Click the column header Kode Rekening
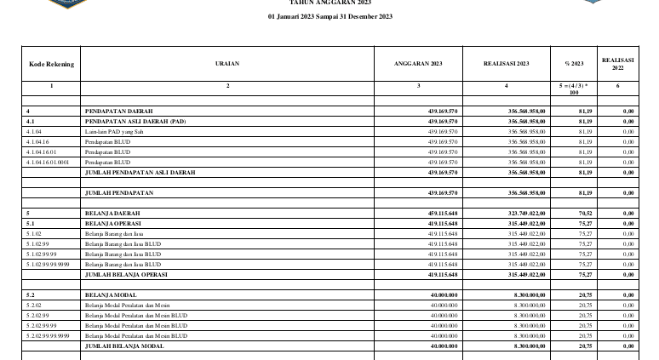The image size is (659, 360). pos(51,64)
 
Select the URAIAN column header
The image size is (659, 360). pos(227,64)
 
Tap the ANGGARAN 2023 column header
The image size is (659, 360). pos(419,64)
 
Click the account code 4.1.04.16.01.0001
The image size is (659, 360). pos(48,162)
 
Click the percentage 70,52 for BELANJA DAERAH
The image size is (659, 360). pos(585,212)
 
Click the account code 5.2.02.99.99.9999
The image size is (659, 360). pos(48,336)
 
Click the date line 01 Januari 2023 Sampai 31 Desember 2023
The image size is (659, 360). pos(329,17)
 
